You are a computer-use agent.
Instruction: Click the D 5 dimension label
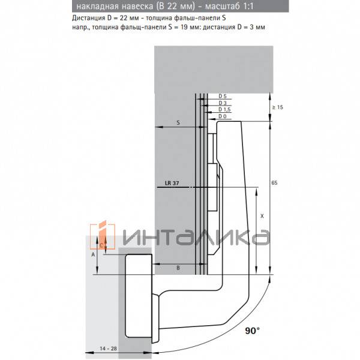click(x=222, y=96)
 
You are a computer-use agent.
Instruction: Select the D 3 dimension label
click(x=222, y=103)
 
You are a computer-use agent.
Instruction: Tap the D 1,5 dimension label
click(x=224, y=109)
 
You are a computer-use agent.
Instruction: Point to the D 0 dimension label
click(x=222, y=116)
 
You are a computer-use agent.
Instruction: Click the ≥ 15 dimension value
click(x=277, y=107)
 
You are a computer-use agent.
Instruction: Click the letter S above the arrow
click(x=178, y=122)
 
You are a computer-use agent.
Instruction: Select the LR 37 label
click(x=171, y=184)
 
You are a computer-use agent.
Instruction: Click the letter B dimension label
click(x=179, y=267)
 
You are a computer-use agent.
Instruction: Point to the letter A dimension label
click(x=92, y=254)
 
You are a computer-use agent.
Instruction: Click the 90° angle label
click(x=252, y=330)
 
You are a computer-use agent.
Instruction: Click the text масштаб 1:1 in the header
click(x=236, y=7)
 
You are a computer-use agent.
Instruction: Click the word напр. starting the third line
click(x=70, y=27)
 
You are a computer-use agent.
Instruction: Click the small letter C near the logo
click(x=101, y=245)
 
